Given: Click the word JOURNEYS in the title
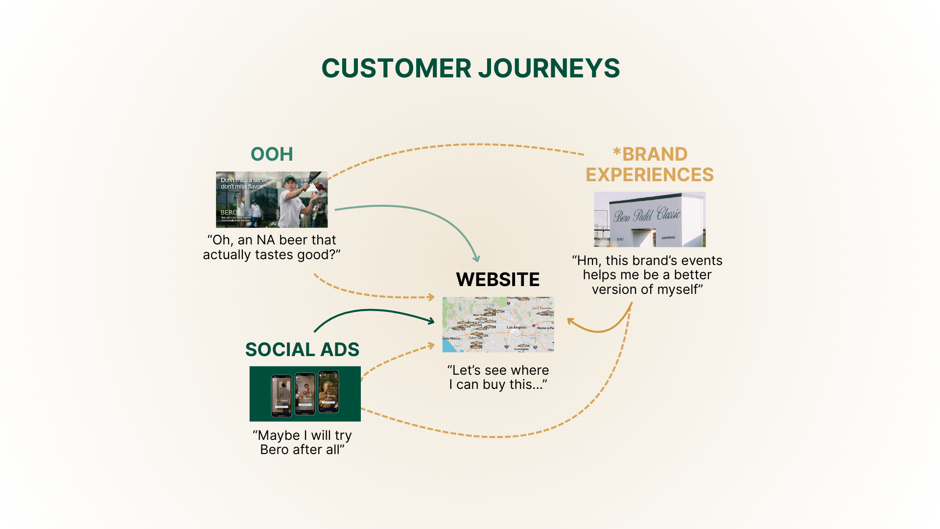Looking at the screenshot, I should click(x=549, y=68).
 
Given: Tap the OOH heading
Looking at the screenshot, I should click(x=272, y=154).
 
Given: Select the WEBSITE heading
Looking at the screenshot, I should click(x=497, y=280).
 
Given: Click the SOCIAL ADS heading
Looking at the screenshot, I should click(x=302, y=350).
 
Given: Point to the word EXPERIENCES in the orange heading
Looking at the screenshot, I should click(x=650, y=175).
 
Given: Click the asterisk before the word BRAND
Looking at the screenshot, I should click(x=617, y=152).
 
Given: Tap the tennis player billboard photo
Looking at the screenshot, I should click(x=272, y=199).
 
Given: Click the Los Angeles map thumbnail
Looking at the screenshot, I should click(x=498, y=324).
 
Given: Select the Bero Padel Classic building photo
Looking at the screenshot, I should click(x=650, y=219).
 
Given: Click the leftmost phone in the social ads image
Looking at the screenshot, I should click(x=282, y=395).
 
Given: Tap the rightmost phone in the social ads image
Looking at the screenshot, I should click(x=329, y=392).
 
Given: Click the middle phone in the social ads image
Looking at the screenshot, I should click(x=305, y=394).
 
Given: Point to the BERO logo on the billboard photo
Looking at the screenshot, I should click(x=229, y=212).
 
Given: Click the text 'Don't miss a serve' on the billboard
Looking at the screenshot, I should click(x=244, y=180).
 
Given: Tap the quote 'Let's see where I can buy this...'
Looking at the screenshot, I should click(x=498, y=377).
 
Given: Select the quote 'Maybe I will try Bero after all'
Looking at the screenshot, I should click(x=302, y=442).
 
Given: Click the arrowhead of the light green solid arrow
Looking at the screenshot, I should click(x=476, y=259).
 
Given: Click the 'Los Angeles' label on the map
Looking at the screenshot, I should click(x=517, y=327).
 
